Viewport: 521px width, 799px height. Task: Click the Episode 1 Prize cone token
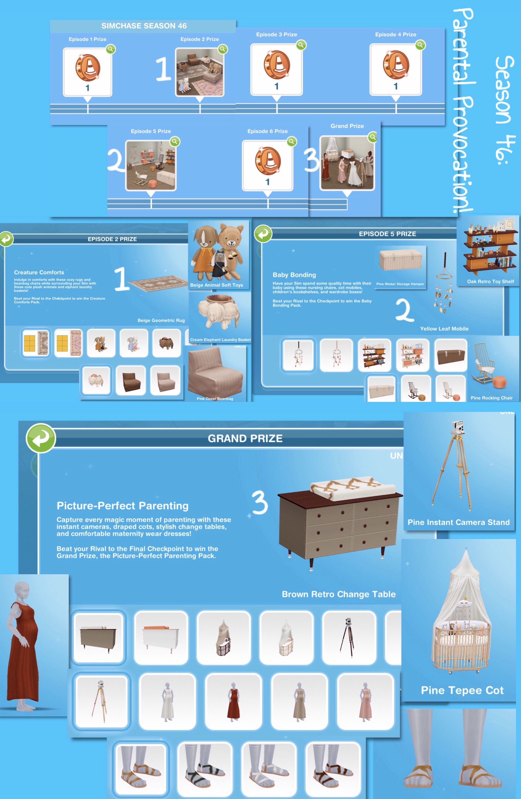[x=88, y=68]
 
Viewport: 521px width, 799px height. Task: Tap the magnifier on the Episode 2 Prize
[x=222, y=49]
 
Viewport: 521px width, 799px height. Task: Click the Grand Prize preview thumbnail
[x=347, y=163]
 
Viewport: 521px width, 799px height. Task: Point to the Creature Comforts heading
[x=39, y=272]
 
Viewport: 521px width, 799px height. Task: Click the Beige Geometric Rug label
[x=161, y=320]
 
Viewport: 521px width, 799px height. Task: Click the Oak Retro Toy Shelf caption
[x=491, y=281]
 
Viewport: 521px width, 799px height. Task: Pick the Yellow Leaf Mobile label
[x=444, y=329]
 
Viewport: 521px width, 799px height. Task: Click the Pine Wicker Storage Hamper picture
[x=400, y=260]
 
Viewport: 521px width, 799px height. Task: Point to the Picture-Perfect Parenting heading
[x=123, y=506]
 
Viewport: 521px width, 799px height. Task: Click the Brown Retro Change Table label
[x=339, y=594]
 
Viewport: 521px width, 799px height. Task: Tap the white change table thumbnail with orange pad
[x=161, y=638]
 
